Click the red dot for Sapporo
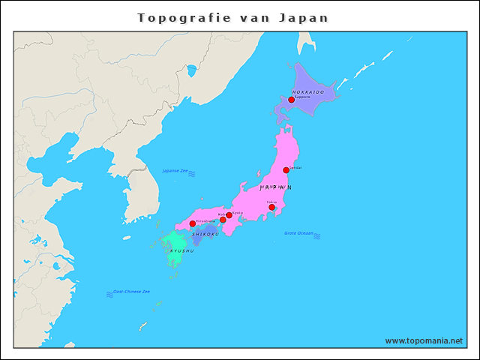291,100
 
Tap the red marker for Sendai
286,170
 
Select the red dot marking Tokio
271,207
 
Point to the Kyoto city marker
229,215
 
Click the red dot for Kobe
223,220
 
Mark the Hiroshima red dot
192,223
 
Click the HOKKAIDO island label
308,91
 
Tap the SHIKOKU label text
205,234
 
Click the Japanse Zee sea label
175,171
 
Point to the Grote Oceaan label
298,233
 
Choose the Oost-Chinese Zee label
131,291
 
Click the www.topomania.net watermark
424,340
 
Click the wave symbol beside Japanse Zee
192,173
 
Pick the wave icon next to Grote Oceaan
318,236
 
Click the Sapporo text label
302,97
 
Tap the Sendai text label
295,167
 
